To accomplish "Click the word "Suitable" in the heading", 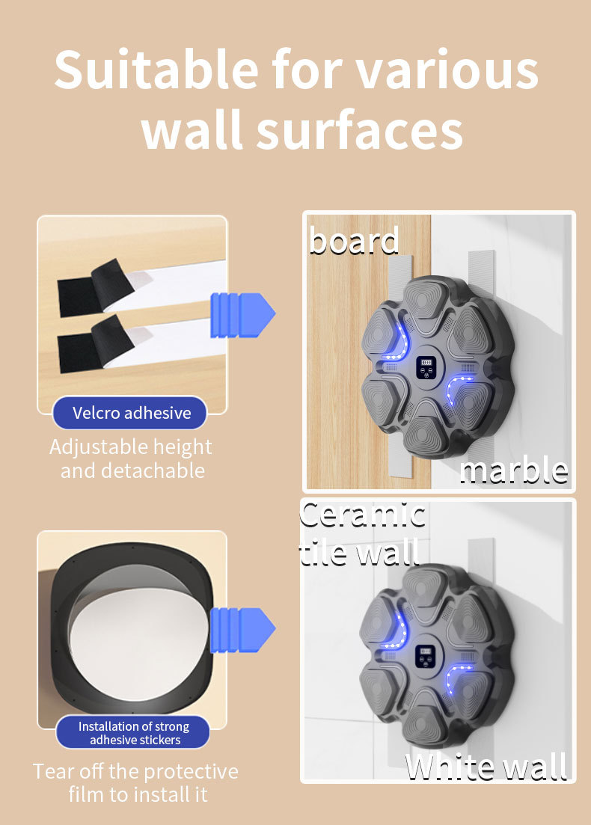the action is click(157, 70).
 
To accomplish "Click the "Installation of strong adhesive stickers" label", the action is click(133, 732).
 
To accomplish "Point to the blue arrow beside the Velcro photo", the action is click(242, 315).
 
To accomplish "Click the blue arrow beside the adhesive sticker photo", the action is click(242, 630).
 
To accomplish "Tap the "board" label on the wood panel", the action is click(354, 240).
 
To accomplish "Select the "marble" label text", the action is click(514, 470).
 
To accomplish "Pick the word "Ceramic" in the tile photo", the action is click(363, 515).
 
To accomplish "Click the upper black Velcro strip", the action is click(95, 288).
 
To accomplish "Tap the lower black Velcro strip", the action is click(95, 344).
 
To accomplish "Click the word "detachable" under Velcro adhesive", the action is click(153, 470).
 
